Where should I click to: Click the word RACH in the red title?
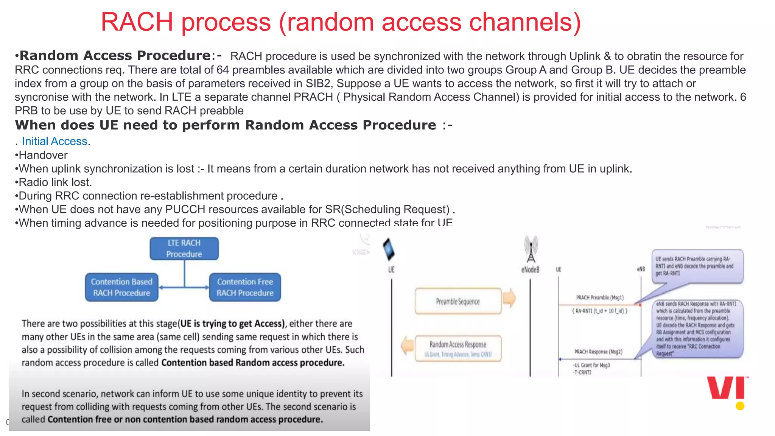click(x=137, y=22)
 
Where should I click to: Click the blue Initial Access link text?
click(x=54, y=141)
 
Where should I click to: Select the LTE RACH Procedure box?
click(x=184, y=249)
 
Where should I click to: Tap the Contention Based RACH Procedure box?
click(x=121, y=287)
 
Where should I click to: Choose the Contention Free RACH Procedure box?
click(x=245, y=287)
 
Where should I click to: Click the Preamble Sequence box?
click(x=458, y=301)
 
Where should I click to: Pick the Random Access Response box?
click(x=458, y=348)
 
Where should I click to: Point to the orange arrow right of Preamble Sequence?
click(x=509, y=298)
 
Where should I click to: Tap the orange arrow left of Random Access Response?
click(x=407, y=345)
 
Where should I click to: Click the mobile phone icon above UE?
click(x=389, y=249)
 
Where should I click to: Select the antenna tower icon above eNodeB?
click(x=531, y=249)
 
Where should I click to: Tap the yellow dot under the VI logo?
click(x=740, y=406)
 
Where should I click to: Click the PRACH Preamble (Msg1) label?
click(x=600, y=297)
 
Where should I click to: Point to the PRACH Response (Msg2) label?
click(x=598, y=352)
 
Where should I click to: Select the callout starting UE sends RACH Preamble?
click(x=697, y=266)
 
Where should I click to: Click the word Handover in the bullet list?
click(x=43, y=155)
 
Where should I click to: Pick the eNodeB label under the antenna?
click(x=530, y=269)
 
